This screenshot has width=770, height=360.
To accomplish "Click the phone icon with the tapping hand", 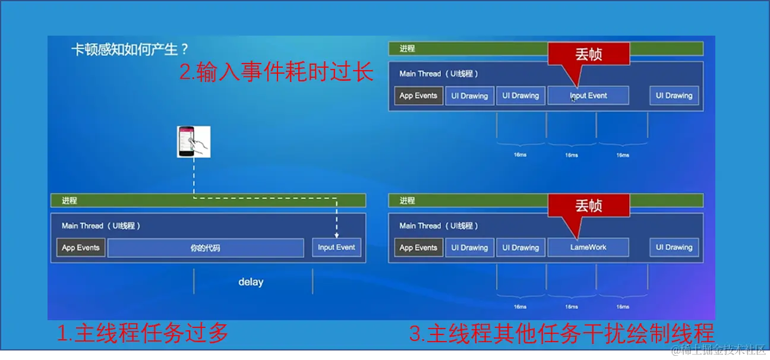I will pyautogui.click(x=194, y=142).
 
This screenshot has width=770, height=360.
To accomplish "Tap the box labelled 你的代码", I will pyautogui.click(x=206, y=248).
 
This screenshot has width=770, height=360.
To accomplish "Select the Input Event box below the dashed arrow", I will pyautogui.click(x=336, y=248).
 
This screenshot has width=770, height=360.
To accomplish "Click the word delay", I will pyautogui.click(x=251, y=282).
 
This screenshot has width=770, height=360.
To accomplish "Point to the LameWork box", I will pyautogui.click(x=588, y=248).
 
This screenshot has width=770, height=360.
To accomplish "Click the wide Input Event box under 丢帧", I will pyautogui.click(x=588, y=96).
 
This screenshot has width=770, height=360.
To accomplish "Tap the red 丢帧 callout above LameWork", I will pyautogui.click(x=588, y=206).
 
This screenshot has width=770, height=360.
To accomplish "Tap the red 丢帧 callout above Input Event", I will pyautogui.click(x=588, y=55).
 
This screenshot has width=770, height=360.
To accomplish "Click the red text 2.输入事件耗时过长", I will pyautogui.click(x=276, y=72).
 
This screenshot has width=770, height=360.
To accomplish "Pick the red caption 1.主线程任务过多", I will pyautogui.click(x=143, y=333).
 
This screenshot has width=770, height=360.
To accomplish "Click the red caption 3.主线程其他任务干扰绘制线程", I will pyautogui.click(x=561, y=333).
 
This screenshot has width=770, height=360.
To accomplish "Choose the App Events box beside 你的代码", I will pyautogui.click(x=81, y=248).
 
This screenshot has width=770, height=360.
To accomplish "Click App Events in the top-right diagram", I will pyautogui.click(x=418, y=96).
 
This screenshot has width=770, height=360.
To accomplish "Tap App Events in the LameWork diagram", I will pyautogui.click(x=418, y=248).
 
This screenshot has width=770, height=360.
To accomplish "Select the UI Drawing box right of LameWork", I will pyautogui.click(x=674, y=248).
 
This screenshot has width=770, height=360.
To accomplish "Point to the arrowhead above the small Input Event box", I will pyautogui.click(x=336, y=234).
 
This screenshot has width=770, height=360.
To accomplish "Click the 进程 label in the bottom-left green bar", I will pyautogui.click(x=70, y=201).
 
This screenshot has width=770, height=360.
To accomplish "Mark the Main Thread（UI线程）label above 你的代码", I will pyautogui.click(x=101, y=226).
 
